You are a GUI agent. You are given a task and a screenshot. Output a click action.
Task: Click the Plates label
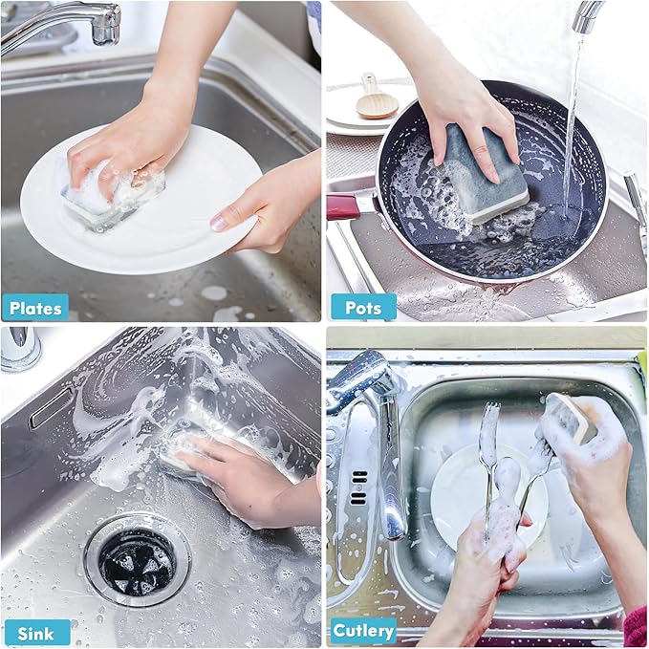tap(35, 308)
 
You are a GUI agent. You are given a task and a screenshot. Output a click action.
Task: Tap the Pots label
tap(363, 307)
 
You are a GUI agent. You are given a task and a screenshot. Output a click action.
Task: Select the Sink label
tap(36, 634)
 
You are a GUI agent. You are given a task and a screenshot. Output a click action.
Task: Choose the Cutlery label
tap(363, 631)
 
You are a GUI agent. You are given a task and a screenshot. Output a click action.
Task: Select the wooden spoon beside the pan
tap(376, 97)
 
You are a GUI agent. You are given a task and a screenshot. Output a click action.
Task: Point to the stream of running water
tap(573, 124)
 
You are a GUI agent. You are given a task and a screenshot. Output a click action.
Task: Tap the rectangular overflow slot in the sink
tap(52, 406)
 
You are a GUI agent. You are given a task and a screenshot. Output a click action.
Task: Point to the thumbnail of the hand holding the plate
tap(219, 223)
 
